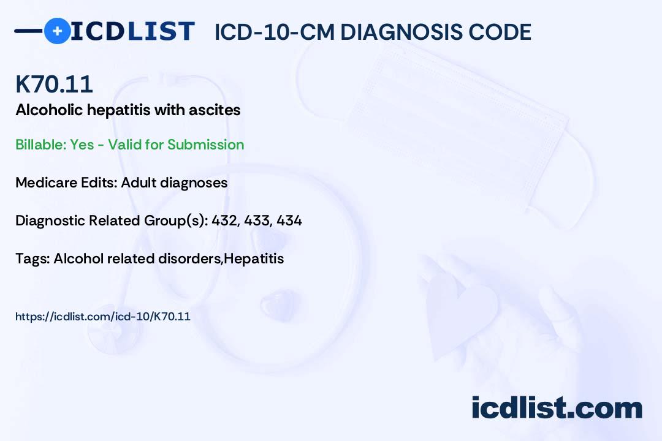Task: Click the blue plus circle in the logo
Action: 57,31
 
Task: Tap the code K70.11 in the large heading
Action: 54,85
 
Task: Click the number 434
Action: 289,221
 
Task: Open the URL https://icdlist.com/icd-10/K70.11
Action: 103,317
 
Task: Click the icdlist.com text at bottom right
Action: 557,408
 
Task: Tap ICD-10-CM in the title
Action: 273,32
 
